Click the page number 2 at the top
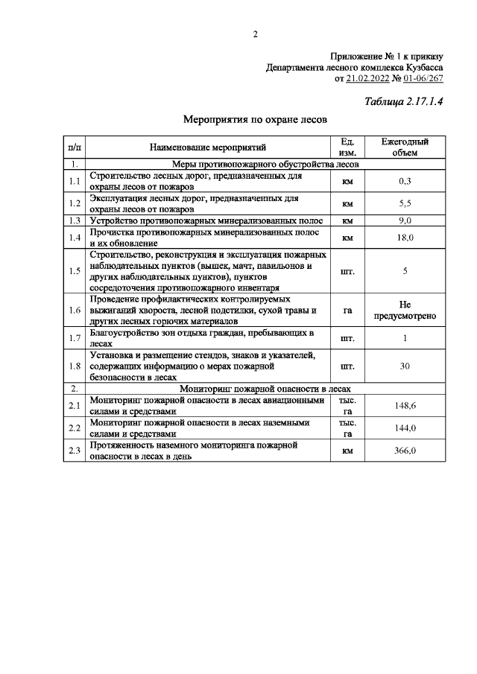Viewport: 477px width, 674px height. pyautogui.click(x=255, y=34)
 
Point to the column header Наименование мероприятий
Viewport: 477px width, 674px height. pyautogui.click(x=207, y=147)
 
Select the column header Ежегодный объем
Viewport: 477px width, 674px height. pyautogui.click(x=405, y=147)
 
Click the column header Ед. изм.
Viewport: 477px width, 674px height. pyautogui.click(x=347, y=147)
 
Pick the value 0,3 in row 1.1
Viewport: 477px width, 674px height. pyautogui.click(x=405, y=182)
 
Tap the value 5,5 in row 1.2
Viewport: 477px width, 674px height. pyautogui.click(x=405, y=204)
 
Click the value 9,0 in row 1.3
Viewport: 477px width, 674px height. pyautogui.click(x=405, y=221)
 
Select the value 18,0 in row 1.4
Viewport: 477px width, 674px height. pyautogui.click(x=405, y=238)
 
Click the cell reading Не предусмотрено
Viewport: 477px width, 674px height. pyautogui.click(x=405, y=311)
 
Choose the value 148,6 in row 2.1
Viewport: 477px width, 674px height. pyautogui.click(x=405, y=406)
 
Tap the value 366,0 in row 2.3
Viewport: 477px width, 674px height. pyautogui.click(x=405, y=451)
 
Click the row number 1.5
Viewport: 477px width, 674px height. pyautogui.click(x=74, y=271)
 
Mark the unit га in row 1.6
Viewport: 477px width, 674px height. pyautogui.click(x=347, y=311)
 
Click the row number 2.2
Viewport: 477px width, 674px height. pyautogui.click(x=74, y=428)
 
